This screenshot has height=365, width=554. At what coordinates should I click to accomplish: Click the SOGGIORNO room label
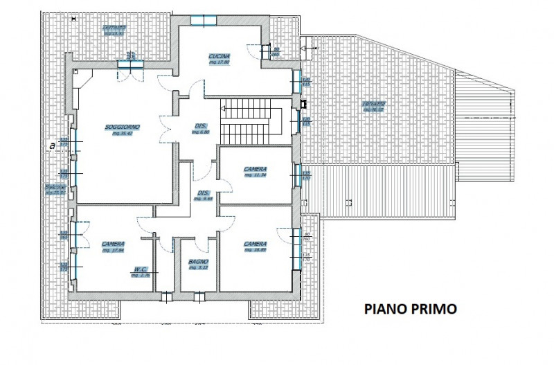tap(123, 127)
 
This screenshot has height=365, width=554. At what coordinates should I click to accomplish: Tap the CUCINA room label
tap(219, 56)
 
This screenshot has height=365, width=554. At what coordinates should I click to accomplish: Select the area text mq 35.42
tap(123, 134)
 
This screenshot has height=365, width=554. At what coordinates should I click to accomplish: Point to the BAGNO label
tap(198, 261)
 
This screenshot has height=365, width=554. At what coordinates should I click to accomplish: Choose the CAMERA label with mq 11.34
tap(256, 169)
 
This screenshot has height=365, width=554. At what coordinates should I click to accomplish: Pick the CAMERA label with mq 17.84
tap(113, 244)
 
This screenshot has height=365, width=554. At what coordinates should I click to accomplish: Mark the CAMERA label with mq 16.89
tap(256, 244)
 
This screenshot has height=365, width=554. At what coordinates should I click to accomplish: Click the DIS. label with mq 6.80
tap(202, 125)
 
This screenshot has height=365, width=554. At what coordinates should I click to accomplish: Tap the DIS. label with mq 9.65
tap(203, 193)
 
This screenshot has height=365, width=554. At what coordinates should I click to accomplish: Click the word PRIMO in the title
tap(435, 309)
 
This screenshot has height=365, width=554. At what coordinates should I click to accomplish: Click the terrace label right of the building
tap(375, 105)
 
